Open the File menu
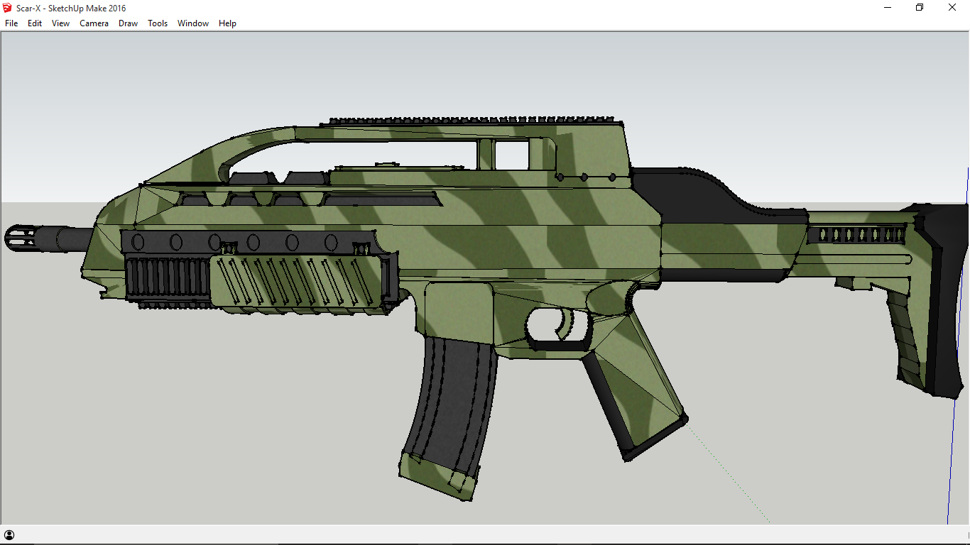coord(11,23)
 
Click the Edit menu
coord(35,23)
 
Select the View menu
coord(60,23)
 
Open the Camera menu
coord(94,23)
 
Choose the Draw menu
coord(128,23)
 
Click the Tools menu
coord(158,23)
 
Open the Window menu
coord(192,23)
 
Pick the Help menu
coord(227,23)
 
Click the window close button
coord(952,8)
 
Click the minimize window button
coord(888,8)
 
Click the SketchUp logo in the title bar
coord(8,8)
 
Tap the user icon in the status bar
coord(9,535)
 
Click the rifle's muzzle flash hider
coord(21,238)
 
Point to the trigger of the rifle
coord(565,325)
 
